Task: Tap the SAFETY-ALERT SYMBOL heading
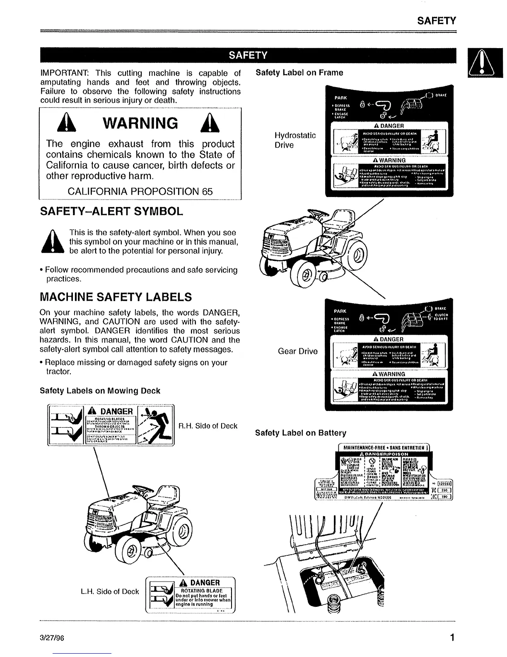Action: (111, 212)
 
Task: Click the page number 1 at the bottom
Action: (452, 637)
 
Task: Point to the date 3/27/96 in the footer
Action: (51, 638)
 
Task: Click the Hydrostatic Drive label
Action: (295, 140)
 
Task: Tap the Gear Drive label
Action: (297, 351)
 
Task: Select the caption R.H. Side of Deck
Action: (208, 426)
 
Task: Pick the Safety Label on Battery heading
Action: (300, 433)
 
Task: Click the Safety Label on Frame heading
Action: (299, 73)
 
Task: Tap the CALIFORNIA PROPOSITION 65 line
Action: (140, 192)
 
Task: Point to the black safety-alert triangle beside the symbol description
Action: (53, 242)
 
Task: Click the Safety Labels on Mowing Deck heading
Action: (99, 391)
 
